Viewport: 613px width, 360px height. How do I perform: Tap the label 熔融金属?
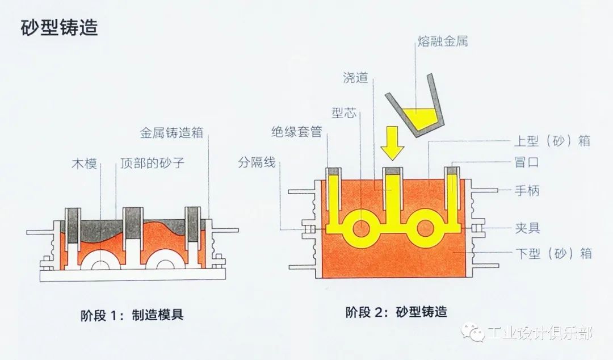click(x=442, y=41)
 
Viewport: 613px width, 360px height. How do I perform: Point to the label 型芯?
click(x=343, y=114)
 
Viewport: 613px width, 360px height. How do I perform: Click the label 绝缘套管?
click(x=296, y=132)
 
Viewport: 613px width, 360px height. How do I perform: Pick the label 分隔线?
click(x=257, y=163)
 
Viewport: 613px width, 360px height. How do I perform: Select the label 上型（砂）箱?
click(x=552, y=141)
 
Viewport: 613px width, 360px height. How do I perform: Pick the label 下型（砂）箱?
click(x=552, y=253)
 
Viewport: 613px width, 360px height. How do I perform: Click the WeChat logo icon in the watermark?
click(x=472, y=332)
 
